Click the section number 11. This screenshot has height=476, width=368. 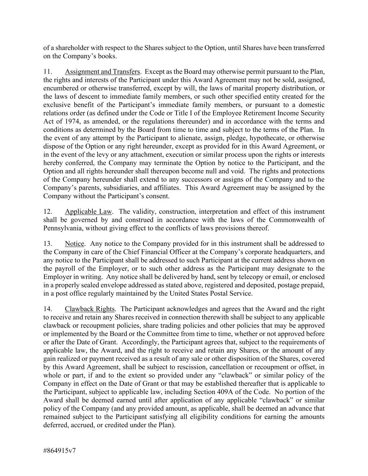point(48,72)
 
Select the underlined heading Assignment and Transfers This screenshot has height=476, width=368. point(102,72)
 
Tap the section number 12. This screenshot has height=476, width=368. point(48,212)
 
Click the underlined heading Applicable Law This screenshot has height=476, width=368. point(88,212)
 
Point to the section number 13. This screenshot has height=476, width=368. point(48,244)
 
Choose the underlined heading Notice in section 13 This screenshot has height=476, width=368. point(75,244)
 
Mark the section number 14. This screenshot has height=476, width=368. point(48,309)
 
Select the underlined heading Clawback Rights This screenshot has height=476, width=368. point(90,309)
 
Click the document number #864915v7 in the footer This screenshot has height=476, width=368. point(60,450)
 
